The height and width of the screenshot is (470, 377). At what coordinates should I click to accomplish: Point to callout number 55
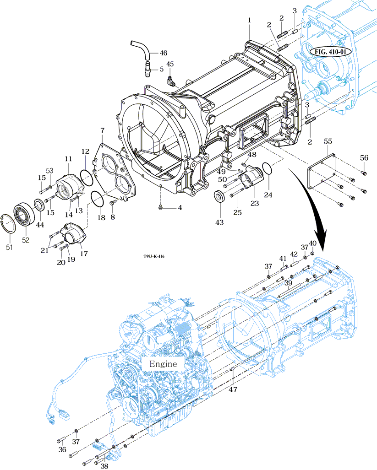pos(328,142)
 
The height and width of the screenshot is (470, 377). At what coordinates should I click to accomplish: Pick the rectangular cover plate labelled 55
pos(323,172)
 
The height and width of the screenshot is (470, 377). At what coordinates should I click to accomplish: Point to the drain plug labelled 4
pos(160,208)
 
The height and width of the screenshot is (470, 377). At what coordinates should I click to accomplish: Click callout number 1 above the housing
pos(250,20)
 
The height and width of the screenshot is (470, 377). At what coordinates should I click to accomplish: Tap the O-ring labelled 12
pos(86,174)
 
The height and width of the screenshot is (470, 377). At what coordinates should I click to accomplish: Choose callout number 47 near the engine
pos(233,390)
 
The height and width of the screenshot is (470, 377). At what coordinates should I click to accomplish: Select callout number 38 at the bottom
pos(105,465)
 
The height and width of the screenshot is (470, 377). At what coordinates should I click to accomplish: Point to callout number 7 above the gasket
pos(102,131)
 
